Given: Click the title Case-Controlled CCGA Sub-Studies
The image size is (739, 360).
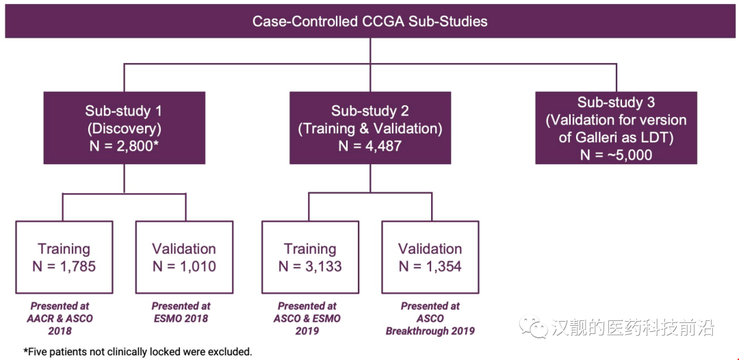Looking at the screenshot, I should [369, 21].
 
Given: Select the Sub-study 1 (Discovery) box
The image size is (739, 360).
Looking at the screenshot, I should [124, 128].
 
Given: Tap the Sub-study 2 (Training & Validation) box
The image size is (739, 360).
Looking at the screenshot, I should [370, 128].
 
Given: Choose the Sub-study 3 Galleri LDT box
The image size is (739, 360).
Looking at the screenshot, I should [615, 128].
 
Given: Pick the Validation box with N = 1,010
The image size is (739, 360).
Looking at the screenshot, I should [183, 257].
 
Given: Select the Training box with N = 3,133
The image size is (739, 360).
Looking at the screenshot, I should [310, 257].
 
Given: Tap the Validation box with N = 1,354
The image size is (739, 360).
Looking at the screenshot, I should [430, 257].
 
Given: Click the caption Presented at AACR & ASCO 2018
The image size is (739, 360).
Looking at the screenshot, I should [60, 318].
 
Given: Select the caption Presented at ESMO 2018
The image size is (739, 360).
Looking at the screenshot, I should [181, 312].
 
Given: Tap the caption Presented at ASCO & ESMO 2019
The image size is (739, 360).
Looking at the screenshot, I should [307, 318].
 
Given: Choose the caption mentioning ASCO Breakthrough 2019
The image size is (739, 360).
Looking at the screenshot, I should [430, 318].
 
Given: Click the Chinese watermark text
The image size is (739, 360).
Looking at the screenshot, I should [633, 328].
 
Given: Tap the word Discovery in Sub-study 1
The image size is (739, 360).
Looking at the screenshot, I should [124, 128].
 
